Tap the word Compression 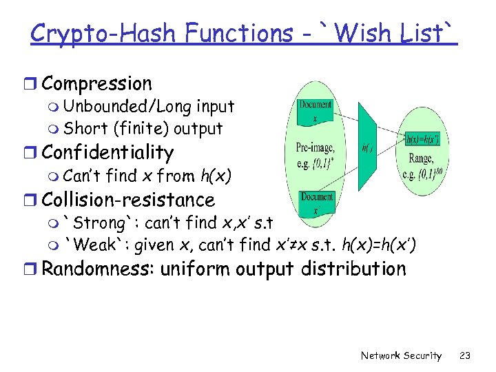coord(96,84)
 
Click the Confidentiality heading coord(107,152)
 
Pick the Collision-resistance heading coord(128,200)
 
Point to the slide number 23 coord(465,355)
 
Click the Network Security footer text coord(401,355)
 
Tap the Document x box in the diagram coord(315,111)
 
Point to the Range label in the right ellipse coord(420,158)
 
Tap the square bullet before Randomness coord(34,269)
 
